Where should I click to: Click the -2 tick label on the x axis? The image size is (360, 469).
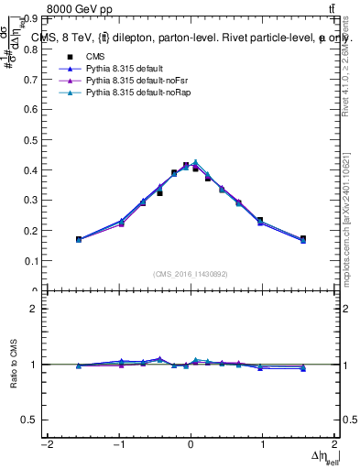click(46, 444)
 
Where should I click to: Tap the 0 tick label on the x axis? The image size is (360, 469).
click(191, 444)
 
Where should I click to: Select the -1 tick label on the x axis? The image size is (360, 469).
click(118, 444)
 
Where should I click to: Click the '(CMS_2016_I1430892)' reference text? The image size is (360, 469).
click(191, 273)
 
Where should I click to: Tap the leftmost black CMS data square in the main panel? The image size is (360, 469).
click(79, 239)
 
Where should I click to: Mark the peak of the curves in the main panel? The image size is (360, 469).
click(195, 163)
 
